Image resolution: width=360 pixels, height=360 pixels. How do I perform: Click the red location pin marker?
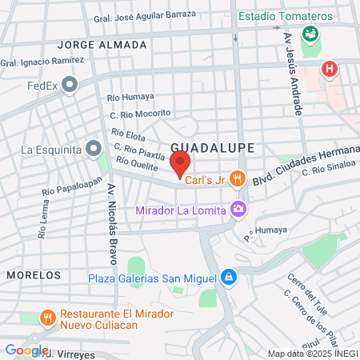[180, 164]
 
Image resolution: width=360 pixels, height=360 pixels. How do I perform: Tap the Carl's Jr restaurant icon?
[236, 179]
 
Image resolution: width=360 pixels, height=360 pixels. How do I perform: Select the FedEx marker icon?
[70, 85]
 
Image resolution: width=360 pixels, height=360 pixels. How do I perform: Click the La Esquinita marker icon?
[94, 148]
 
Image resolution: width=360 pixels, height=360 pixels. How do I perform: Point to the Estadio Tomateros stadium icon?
[309, 34]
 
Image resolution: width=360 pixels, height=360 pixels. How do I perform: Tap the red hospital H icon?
[328, 70]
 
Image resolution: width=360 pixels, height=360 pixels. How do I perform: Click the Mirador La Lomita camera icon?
[238, 210]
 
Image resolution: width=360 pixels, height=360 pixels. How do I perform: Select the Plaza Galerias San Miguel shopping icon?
[229, 278]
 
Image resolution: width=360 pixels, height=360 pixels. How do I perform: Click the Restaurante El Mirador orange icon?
[48, 318]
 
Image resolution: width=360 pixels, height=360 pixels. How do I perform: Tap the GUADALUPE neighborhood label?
[212, 148]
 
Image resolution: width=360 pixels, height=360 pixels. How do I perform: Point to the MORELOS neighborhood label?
[33, 274]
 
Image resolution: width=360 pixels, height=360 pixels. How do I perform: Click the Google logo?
[26, 350]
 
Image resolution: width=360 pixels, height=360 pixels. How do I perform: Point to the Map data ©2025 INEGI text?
[312, 354]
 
